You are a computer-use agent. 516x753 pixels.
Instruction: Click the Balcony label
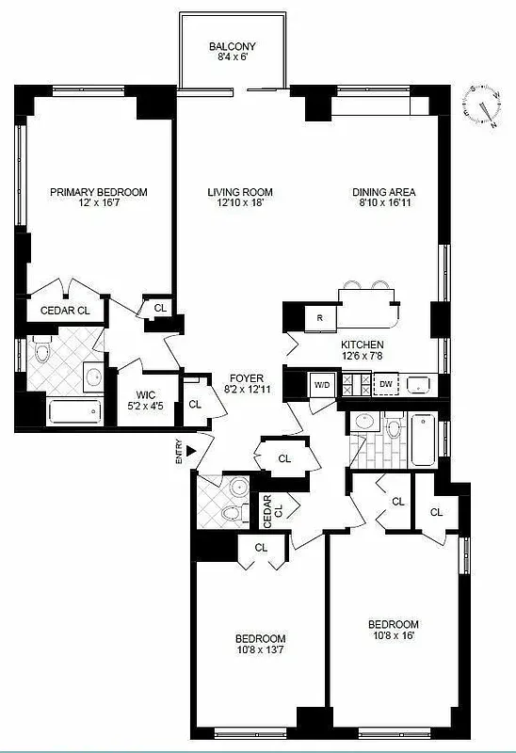coord(232,47)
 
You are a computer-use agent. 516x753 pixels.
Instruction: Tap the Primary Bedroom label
coord(99,192)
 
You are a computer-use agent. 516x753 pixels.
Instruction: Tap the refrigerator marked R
coord(320,318)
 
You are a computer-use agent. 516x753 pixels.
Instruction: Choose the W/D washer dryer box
coord(322,384)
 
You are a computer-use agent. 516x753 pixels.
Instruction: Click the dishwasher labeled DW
coord(386,384)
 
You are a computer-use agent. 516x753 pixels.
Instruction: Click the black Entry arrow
coord(193,453)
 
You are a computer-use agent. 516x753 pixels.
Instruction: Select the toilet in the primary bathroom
coord(40,353)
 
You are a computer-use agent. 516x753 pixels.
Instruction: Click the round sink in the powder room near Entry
coord(239,488)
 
